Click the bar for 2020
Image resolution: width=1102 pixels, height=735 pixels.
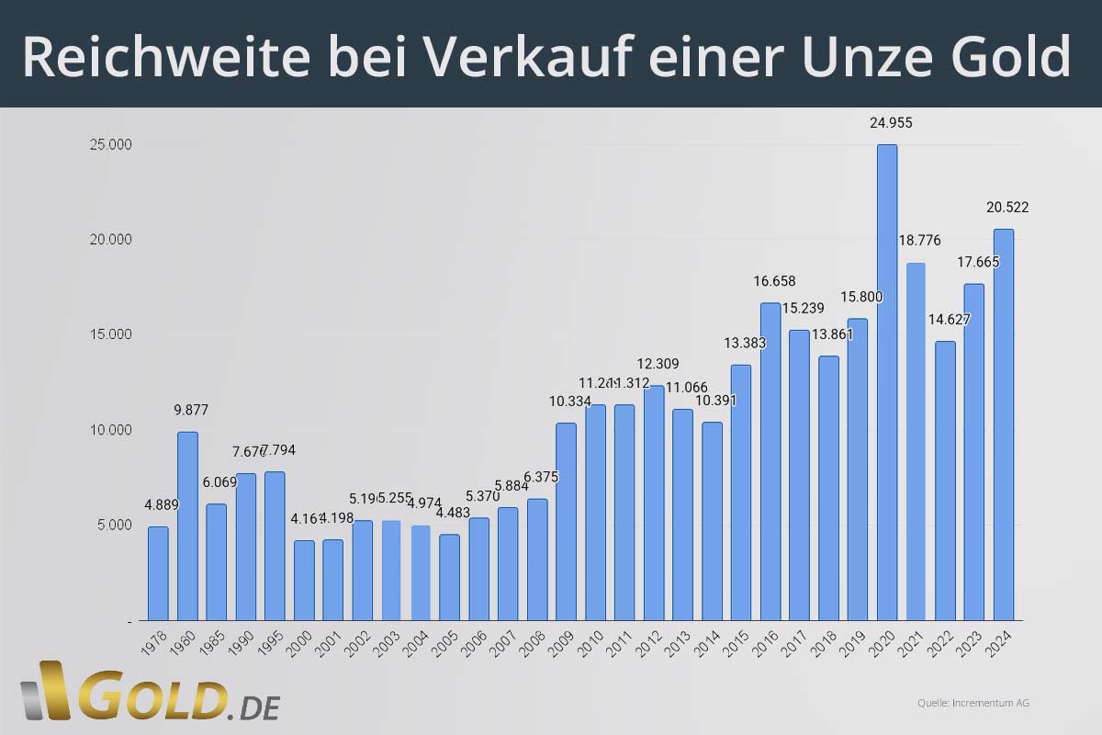[x=886, y=382]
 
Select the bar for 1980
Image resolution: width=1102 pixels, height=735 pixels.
[x=187, y=526]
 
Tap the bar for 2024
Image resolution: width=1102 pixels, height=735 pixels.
[x=1003, y=424]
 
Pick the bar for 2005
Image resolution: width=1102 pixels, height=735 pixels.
[x=449, y=577]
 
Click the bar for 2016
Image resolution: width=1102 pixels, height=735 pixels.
[x=770, y=461]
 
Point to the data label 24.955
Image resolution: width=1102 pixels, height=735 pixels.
[x=891, y=123]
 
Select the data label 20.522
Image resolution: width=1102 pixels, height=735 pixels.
[x=1007, y=208]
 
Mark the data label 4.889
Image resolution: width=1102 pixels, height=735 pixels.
[x=162, y=504]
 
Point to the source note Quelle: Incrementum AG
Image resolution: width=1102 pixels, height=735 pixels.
[x=973, y=703]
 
